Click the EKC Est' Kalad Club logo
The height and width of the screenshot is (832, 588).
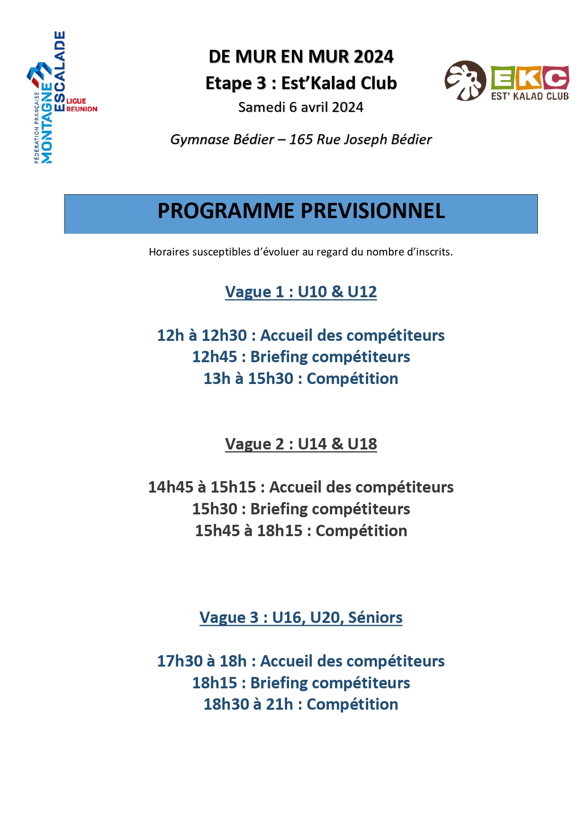507,81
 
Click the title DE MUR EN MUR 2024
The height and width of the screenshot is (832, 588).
301,56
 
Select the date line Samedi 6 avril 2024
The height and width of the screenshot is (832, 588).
301,107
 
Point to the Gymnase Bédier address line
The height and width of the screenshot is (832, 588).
301,139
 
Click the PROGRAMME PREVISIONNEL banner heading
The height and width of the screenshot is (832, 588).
301,211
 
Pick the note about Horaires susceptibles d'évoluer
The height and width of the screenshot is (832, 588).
301,252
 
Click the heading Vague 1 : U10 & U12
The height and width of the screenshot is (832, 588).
301,292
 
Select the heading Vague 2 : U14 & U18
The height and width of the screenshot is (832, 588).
301,444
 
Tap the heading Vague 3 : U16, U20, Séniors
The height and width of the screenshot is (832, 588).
301,617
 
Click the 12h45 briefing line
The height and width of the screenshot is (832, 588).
301,357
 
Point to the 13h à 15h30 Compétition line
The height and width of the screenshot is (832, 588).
301,378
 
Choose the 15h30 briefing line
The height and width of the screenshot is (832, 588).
301,509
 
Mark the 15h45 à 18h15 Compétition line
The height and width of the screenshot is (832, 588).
301,530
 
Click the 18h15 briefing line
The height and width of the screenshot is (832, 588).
301,683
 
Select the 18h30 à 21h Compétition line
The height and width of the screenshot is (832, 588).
301,704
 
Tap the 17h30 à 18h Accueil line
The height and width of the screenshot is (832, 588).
301,661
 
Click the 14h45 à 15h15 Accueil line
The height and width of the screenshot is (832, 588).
301,487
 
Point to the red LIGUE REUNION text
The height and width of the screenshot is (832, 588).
81,105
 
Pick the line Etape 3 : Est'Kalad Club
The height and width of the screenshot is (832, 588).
301,83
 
